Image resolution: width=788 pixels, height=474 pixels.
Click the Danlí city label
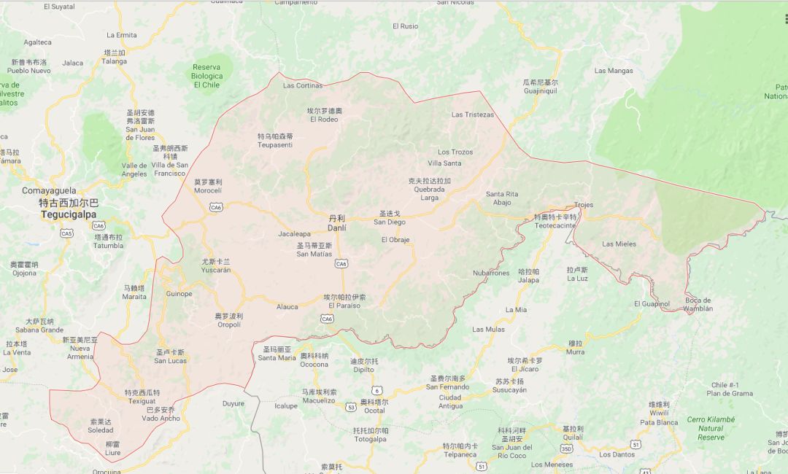pos(336,228)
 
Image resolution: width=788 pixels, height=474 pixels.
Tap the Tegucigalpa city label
pos(69,214)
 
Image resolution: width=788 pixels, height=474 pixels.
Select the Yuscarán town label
pos(216,270)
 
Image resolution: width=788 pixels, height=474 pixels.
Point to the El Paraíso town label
pos(345,306)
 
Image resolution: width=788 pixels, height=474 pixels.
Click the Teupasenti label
pos(275,144)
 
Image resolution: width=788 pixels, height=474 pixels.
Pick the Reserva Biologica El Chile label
pos(206,76)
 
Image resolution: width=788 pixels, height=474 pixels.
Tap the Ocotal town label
pos(374,411)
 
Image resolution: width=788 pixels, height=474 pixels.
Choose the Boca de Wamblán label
pos(698,308)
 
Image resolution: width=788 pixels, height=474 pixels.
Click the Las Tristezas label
pos(472,114)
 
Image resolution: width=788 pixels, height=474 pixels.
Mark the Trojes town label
pos(584,205)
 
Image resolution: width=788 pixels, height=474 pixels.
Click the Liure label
pos(112,452)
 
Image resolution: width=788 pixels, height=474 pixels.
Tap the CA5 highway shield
pos(66,233)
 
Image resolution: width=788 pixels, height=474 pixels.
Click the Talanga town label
pos(114,61)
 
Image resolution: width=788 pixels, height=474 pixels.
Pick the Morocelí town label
pos(207,190)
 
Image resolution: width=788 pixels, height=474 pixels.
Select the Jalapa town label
pos(528,280)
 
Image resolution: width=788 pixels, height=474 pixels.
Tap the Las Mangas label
pos(614,71)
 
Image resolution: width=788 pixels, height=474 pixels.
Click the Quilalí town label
pos(573,438)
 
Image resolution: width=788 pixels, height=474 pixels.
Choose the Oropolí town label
pos(228,324)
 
